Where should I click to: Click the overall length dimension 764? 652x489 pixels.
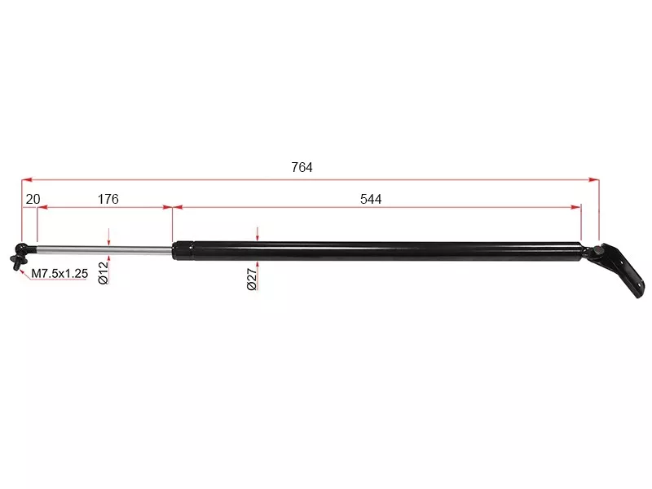302,167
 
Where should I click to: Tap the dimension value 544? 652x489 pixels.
371,199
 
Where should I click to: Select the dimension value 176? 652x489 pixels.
108,199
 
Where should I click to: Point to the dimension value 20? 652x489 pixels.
33,199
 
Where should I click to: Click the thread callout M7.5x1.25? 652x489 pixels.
59,274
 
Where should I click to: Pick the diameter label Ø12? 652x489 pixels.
104,273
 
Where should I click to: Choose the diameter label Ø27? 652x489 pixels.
252,279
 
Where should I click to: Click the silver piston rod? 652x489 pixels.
104,249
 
